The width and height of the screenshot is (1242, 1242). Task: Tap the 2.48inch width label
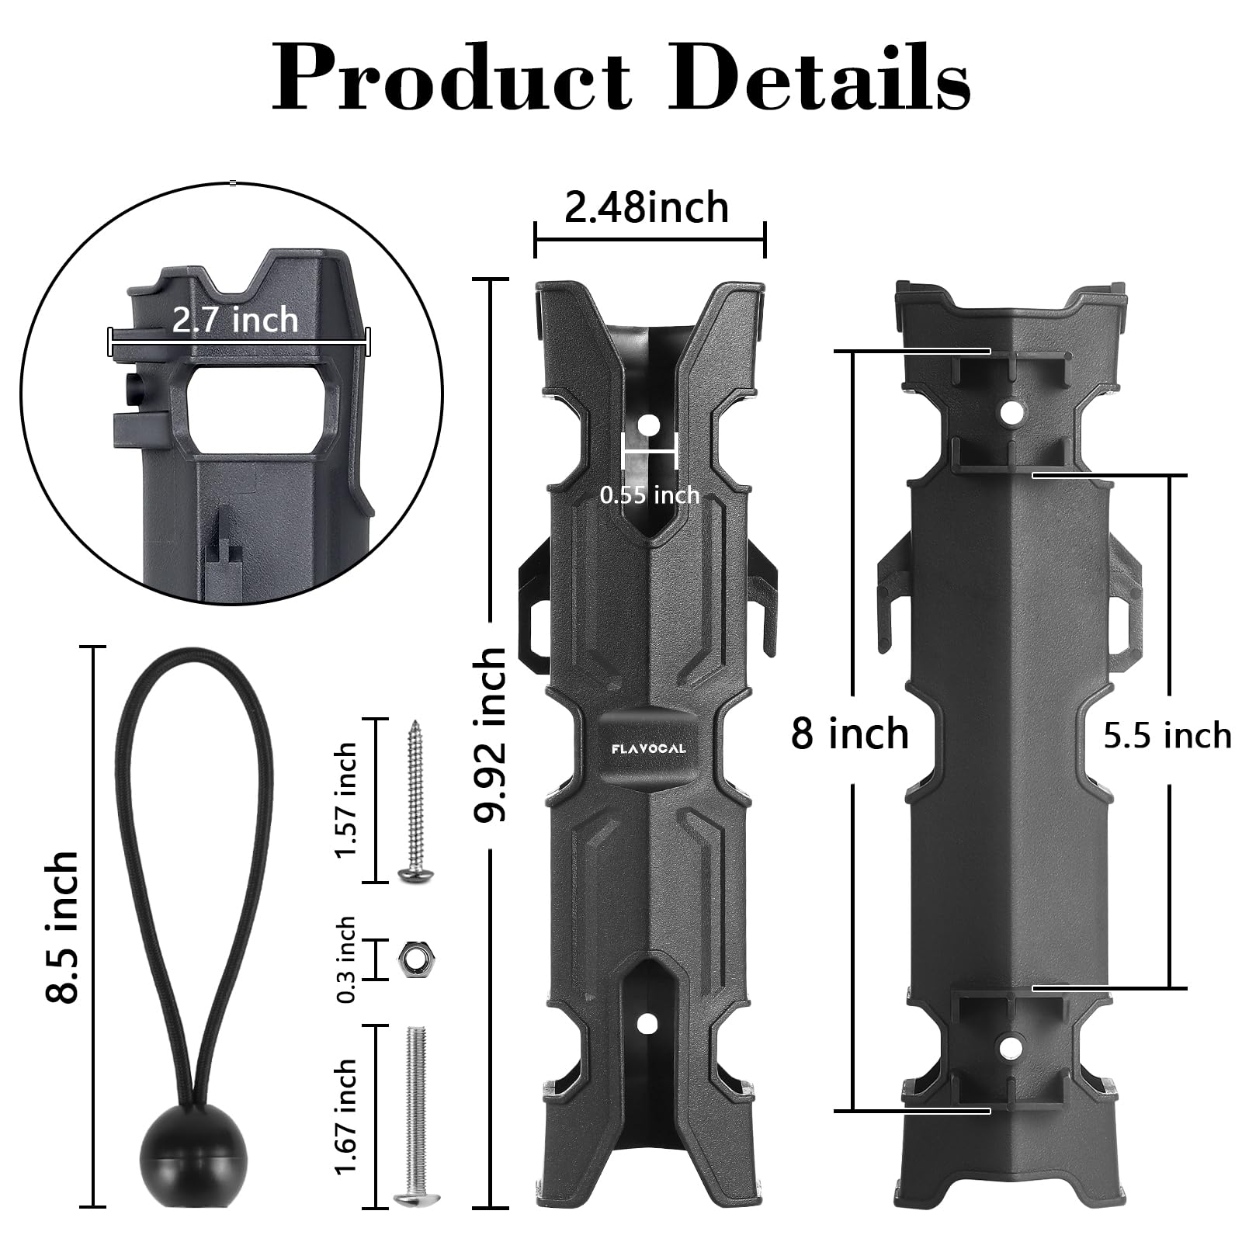pos(646,208)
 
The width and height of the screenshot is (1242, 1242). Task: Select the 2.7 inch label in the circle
pos(235,320)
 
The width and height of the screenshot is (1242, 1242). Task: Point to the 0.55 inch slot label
pos(650,494)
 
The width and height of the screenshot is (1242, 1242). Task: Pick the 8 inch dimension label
pos(849,734)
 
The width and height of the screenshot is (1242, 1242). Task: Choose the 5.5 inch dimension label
pos(1167,735)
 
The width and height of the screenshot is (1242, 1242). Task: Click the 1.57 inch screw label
pos(345,800)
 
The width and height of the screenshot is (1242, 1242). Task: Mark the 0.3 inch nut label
pos(345,960)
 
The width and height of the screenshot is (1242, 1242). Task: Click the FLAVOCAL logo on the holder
pos(647,748)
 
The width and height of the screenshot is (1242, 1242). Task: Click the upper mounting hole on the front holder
pos(647,426)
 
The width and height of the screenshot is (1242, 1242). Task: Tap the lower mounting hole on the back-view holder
pos(1009,1048)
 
